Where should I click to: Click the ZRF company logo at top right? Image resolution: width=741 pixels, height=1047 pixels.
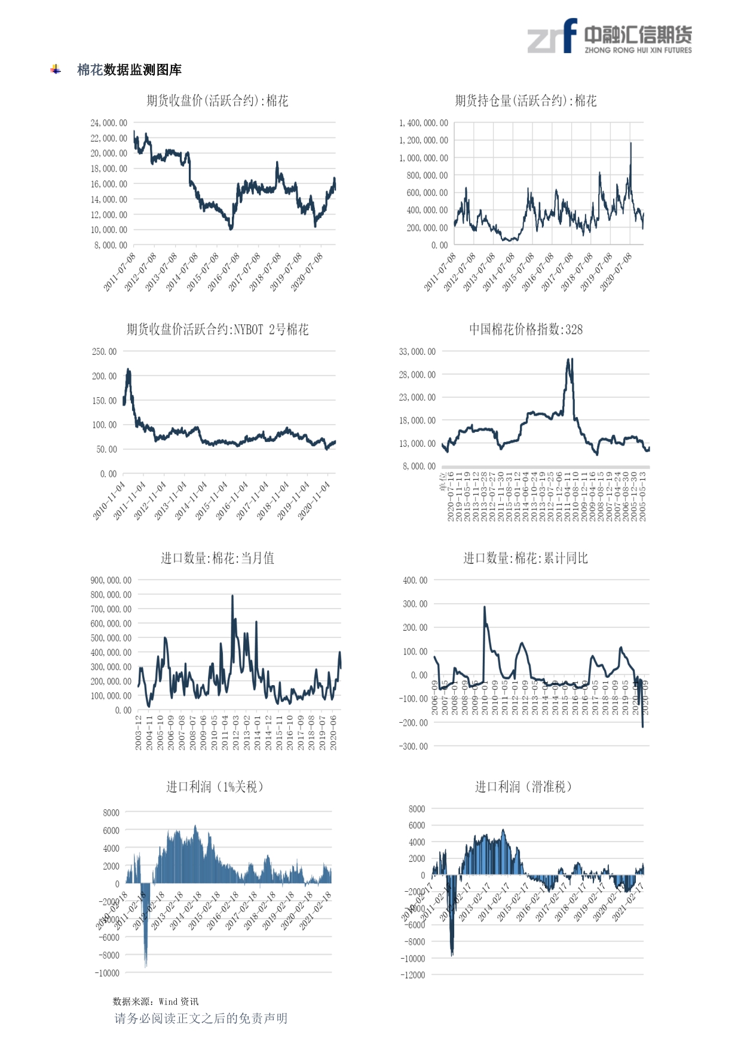coord(609,37)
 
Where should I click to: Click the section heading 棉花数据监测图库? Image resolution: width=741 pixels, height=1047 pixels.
coord(129,70)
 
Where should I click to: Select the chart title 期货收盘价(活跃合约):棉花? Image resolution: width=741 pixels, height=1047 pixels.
coord(218,100)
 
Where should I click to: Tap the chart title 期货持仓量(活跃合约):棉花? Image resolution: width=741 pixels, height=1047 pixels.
coord(525,100)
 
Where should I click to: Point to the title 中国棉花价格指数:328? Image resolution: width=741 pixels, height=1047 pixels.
coord(525,329)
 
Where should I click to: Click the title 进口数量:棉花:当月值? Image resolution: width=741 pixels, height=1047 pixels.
coord(218,558)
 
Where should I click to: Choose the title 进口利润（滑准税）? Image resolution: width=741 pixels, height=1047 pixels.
coord(523,787)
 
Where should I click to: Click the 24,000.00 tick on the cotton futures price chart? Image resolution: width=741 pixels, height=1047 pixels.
coord(109,123)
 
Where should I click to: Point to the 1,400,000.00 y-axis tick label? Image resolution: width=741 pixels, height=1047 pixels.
coord(423,123)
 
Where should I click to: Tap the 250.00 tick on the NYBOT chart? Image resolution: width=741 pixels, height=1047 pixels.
coord(105,352)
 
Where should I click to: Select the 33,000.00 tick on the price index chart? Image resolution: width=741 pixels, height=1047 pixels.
coord(417,352)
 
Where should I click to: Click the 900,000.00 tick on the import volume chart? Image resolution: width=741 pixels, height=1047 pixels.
coord(111,581)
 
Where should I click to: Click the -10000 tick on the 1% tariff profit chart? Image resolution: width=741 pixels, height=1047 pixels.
coord(107,973)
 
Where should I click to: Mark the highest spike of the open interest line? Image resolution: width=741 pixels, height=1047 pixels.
coord(630,143)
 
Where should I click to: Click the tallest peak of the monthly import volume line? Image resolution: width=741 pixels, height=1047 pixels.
coord(232,596)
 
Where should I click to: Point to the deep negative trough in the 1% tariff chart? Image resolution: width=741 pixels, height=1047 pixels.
coord(145,963)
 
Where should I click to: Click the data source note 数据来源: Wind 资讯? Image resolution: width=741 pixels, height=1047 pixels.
coord(155,1002)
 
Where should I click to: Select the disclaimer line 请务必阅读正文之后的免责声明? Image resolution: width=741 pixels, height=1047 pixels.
coord(201,1018)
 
